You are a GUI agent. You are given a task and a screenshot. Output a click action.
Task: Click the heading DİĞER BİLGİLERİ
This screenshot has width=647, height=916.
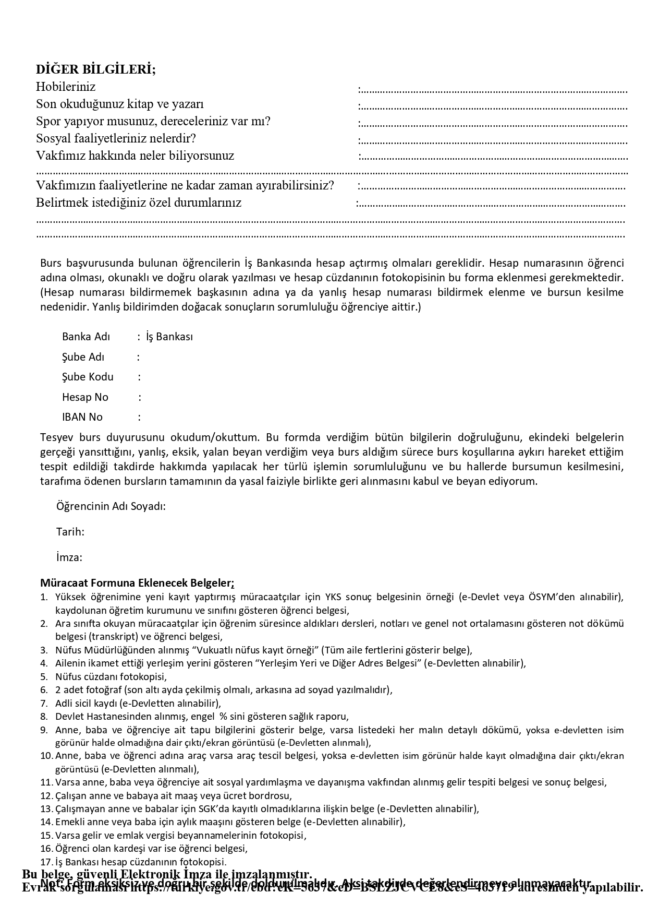[x=95, y=69]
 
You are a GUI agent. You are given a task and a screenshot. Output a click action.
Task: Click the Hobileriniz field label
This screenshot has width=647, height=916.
[x=66, y=87]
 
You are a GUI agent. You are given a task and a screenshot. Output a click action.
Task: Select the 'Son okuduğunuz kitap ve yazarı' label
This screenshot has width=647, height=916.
[x=120, y=104]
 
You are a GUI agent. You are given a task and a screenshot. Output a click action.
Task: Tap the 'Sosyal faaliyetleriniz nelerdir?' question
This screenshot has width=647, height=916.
[x=116, y=138]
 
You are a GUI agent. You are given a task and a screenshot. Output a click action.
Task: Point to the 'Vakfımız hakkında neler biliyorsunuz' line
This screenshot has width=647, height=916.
[x=135, y=156]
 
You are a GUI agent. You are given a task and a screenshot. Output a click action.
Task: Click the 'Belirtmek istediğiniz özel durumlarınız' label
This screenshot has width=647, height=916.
[x=139, y=203]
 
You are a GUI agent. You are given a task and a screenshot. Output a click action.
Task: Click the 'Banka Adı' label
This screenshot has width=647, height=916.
[x=86, y=337]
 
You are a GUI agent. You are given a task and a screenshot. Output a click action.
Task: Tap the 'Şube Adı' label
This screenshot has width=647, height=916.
[x=83, y=357]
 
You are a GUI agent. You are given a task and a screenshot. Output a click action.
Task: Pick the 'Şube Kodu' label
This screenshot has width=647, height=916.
[x=88, y=377]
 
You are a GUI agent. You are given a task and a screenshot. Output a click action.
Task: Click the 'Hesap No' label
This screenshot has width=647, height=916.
[x=85, y=397]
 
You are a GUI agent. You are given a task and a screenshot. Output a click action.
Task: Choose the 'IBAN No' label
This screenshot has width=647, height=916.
[x=82, y=417]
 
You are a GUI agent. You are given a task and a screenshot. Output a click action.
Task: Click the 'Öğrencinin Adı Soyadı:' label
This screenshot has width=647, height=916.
[x=111, y=506]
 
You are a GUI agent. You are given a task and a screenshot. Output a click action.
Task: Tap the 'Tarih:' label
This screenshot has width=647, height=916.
[x=70, y=532]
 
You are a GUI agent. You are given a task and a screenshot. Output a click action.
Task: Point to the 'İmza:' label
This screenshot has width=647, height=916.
[x=69, y=557]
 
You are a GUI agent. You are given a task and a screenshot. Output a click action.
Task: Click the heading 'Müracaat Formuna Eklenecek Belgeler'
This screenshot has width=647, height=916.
[x=137, y=582]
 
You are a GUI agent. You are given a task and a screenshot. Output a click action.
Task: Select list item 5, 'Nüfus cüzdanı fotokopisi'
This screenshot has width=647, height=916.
[x=111, y=676]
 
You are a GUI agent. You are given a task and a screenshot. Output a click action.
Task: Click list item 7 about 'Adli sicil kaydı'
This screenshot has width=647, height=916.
[x=138, y=703]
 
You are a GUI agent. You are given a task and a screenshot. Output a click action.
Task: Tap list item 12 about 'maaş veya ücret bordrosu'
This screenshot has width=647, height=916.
[x=173, y=795]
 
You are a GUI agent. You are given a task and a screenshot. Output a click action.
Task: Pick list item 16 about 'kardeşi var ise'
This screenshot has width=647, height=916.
[x=151, y=848]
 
